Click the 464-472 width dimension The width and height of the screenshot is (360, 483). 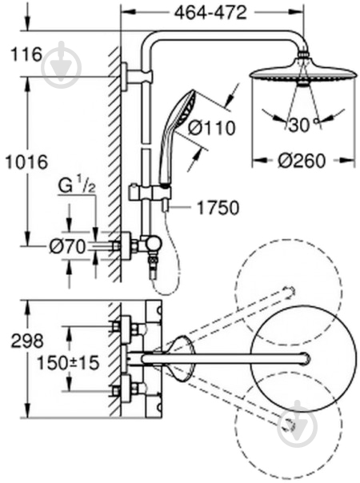coord(210,13)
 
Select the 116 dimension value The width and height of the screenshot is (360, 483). coord(26,54)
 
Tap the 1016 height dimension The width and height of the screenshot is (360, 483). coord(27,162)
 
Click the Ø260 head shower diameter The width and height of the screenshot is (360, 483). coord(302,161)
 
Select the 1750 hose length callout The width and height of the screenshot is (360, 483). coord(218,208)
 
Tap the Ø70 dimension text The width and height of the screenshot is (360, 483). coord(68,246)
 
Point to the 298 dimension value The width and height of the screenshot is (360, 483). coord(27,341)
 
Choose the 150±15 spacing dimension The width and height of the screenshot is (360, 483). coord(68,362)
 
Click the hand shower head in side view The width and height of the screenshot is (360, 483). coord(178,138)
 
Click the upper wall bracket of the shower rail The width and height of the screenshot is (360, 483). coord(137,77)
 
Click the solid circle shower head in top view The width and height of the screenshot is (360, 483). coord(304,359)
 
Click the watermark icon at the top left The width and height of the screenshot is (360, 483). coord(62,65)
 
